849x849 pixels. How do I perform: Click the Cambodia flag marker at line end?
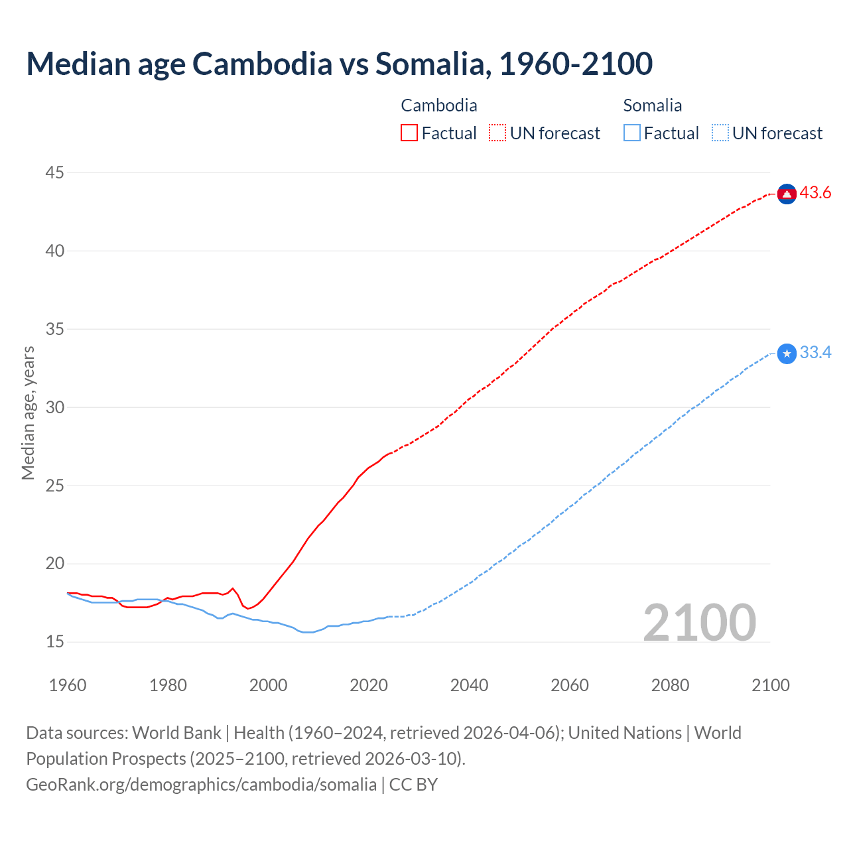click(x=787, y=194)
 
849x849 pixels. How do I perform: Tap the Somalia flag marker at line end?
click(x=787, y=354)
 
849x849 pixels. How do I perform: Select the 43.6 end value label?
click(x=815, y=193)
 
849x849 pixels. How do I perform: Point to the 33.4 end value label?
click(x=815, y=353)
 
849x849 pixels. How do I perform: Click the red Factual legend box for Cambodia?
click(x=409, y=133)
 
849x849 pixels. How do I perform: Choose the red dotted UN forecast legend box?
click(x=497, y=133)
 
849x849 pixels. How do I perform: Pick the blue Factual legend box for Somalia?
click(x=631, y=133)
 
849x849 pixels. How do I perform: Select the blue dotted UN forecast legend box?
click(x=720, y=133)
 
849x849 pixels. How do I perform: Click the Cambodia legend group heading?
click(x=439, y=105)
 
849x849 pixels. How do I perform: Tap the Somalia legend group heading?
click(x=653, y=105)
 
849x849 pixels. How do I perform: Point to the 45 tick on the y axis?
click(x=55, y=173)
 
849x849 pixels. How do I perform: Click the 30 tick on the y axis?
click(x=55, y=407)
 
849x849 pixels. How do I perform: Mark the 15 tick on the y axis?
click(x=55, y=642)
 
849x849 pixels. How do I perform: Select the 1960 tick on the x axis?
click(x=68, y=685)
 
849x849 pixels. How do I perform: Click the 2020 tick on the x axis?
click(x=369, y=685)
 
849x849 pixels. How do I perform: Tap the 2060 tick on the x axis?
click(x=570, y=685)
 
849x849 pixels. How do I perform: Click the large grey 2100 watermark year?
click(x=699, y=623)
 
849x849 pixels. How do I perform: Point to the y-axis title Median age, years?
click(x=28, y=413)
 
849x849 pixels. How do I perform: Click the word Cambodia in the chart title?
click(x=262, y=64)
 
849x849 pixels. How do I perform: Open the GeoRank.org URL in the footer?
click(x=201, y=785)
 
